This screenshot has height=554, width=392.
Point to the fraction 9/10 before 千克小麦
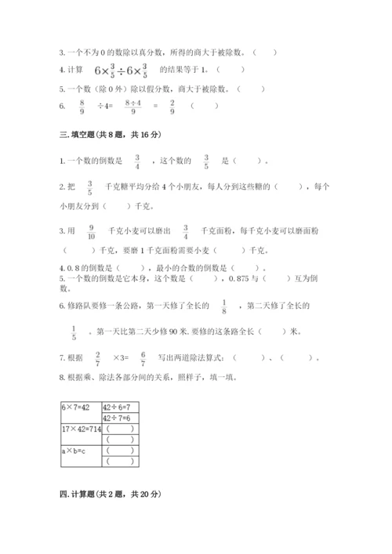(x=91, y=231)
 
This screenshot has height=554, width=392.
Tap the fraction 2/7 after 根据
(x=97, y=359)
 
